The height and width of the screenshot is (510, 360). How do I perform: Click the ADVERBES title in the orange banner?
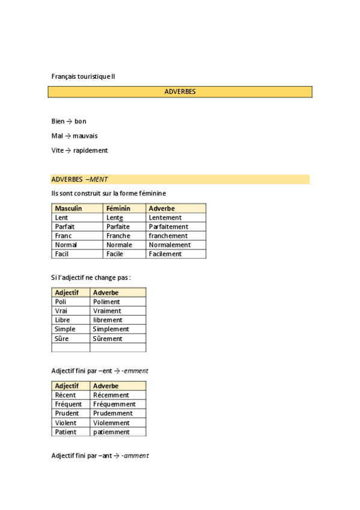click(180, 92)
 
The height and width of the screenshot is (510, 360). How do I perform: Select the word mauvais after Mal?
click(85, 136)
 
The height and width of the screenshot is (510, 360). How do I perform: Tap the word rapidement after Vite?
click(91, 150)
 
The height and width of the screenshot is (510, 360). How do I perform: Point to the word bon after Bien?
click(81, 121)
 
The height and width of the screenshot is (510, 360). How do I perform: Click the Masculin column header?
click(69, 208)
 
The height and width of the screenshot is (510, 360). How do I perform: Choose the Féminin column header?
click(118, 208)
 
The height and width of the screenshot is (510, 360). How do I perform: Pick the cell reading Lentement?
click(165, 218)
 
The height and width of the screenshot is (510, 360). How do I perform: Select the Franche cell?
click(118, 236)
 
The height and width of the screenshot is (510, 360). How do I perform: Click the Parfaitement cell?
click(168, 227)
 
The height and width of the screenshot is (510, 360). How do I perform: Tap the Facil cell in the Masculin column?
click(62, 254)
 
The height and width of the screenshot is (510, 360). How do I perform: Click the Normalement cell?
click(169, 245)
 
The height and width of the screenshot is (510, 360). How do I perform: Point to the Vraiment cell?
click(107, 311)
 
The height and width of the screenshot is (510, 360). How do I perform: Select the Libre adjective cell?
click(63, 320)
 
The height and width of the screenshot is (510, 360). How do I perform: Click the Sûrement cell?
click(108, 339)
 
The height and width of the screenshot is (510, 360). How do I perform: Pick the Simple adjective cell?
click(65, 329)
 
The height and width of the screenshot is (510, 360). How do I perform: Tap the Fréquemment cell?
click(114, 404)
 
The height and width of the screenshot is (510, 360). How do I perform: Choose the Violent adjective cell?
click(66, 423)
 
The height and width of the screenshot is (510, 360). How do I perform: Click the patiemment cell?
click(111, 432)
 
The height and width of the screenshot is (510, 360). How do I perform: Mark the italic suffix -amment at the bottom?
click(135, 456)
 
